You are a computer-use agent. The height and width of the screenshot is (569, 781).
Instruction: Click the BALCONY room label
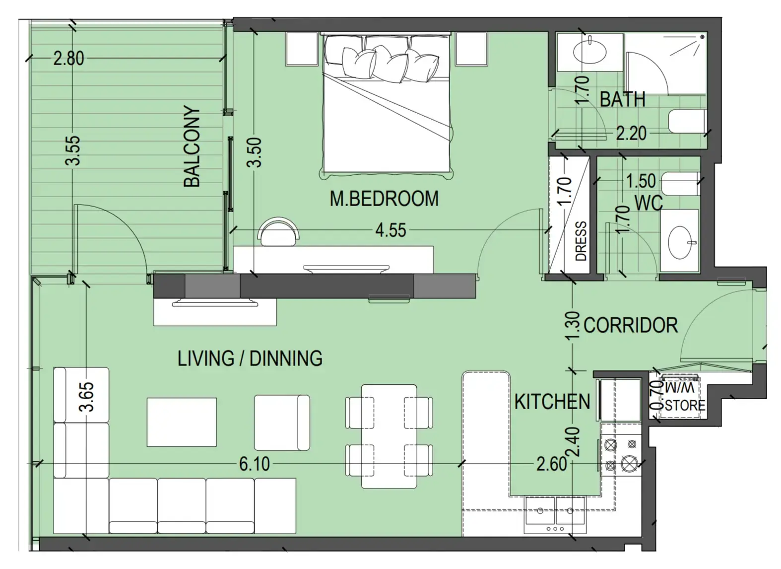tap(192, 146)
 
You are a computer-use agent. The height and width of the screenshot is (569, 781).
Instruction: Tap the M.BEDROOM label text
tap(384, 199)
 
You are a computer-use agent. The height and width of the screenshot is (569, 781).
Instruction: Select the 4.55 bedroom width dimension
tap(390, 230)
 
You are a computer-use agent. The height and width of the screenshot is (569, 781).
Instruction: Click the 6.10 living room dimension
tap(255, 464)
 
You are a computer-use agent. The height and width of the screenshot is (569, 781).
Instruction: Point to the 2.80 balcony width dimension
tap(68, 59)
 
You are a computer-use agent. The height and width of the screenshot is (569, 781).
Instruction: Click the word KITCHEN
tap(552, 402)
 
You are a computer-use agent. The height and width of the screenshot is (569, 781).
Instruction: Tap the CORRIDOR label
tap(630, 325)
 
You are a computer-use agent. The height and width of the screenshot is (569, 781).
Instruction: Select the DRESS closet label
tap(581, 241)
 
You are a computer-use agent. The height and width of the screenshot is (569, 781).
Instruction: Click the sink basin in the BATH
tap(589, 51)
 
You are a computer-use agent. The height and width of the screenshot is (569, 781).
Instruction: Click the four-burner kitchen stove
tap(621, 454)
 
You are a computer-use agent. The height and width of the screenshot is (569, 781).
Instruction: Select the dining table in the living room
tap(389, 436)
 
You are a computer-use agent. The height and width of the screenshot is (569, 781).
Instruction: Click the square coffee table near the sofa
tap(182, 422)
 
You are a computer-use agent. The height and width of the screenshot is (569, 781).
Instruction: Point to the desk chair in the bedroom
tap(279, 232)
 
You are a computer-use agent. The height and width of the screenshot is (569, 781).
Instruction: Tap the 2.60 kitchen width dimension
tap(551, 464)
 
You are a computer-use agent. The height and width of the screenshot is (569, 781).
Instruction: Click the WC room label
tap(649, 203)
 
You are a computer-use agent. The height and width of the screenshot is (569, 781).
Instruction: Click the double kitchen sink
tap(555, 511)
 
